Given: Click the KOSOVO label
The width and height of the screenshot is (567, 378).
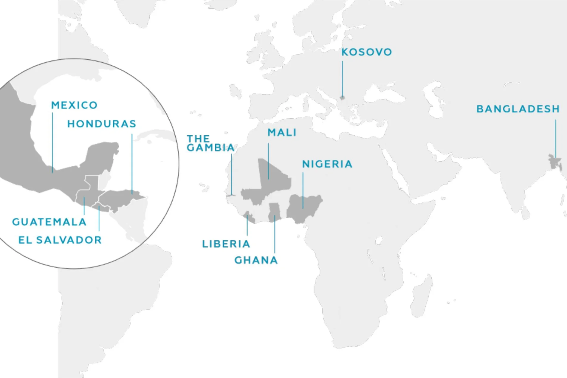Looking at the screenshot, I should click(x=366, y=52).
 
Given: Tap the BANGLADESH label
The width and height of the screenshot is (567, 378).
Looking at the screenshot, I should click(x=518, y=109).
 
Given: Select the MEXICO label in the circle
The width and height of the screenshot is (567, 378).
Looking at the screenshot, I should click(x=74, y=105).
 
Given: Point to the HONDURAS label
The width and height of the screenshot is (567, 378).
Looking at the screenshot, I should click(x=102, y=124).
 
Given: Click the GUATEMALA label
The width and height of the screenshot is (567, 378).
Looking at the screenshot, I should click(x=49, y=222).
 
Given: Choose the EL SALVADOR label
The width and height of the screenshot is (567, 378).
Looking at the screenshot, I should click(x=60, y=240).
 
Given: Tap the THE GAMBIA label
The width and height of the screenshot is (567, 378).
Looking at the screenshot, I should click(x=210, y=143).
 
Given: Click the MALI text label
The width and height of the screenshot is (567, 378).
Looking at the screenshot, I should click(x=282, y=133).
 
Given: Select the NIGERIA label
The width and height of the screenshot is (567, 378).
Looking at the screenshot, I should click(x=327, y=164).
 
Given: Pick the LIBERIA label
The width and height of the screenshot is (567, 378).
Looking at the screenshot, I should click(x=226, y=244).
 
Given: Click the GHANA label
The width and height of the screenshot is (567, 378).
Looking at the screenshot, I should click(x=256, y=261).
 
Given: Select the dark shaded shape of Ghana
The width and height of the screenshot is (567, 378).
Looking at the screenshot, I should click(x=275, y=212).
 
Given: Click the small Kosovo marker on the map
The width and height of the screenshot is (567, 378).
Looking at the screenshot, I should click(x=342, y=97).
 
